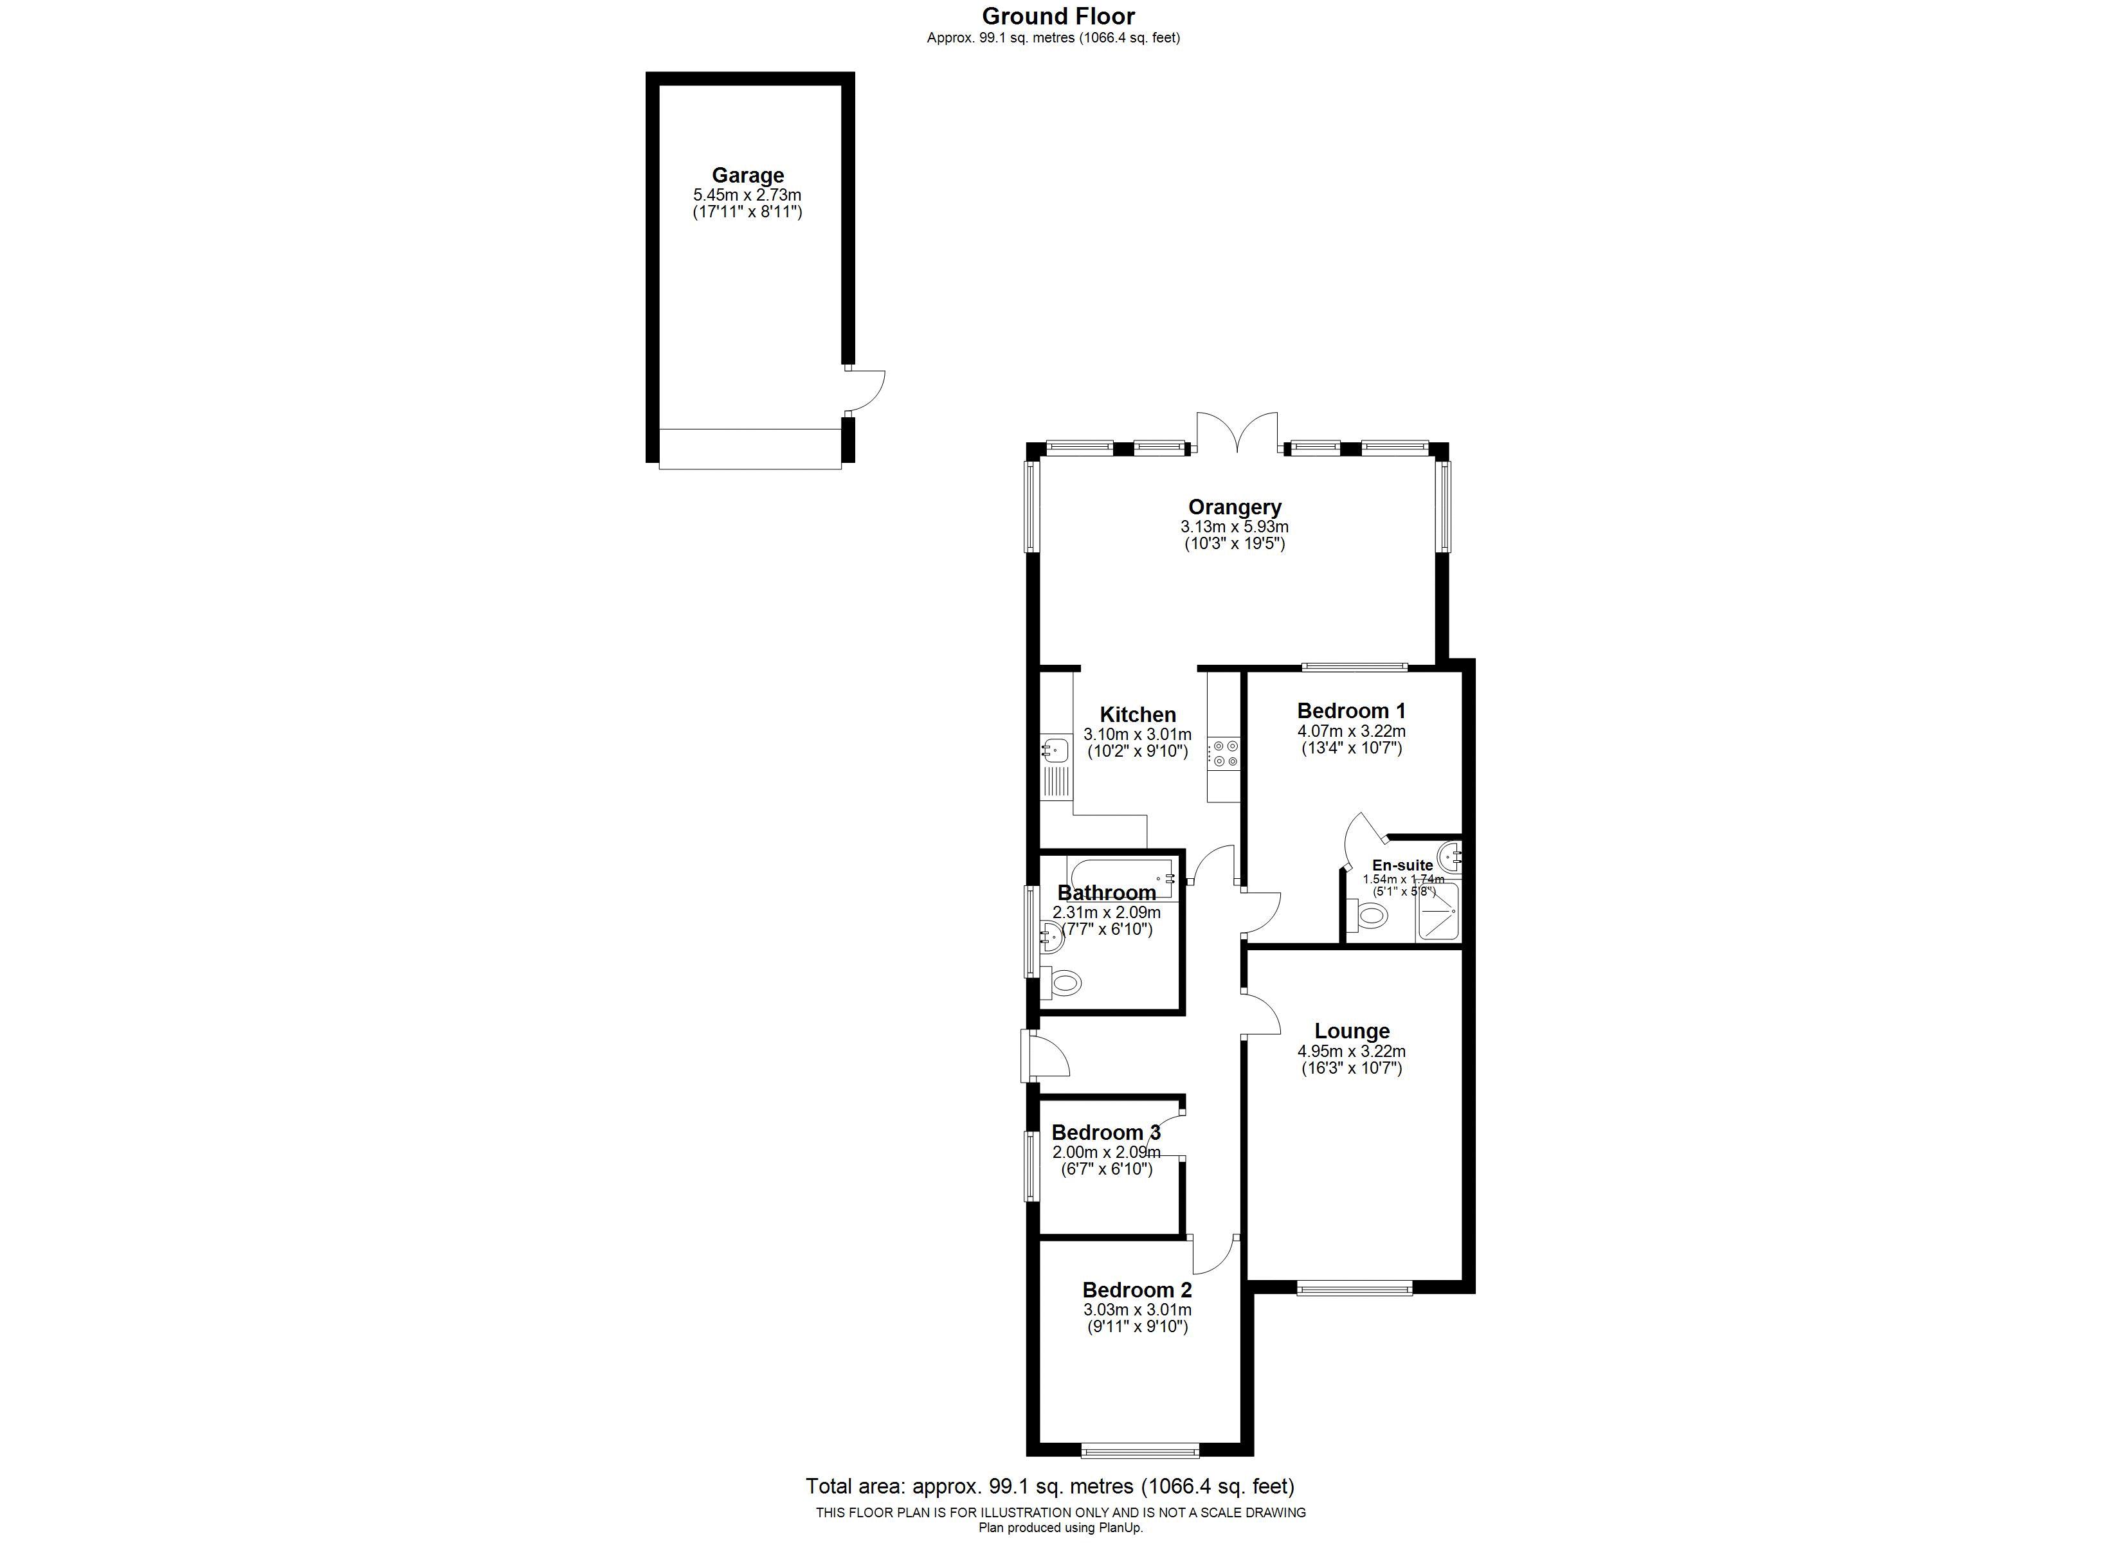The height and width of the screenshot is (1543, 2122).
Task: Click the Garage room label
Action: pyautogui.click(x=748, y=175)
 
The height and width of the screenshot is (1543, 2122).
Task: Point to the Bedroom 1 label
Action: pyautogui.click(x=1351, y=711)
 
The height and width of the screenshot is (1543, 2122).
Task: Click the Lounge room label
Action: pyautogui.click(x=1352, y=1031)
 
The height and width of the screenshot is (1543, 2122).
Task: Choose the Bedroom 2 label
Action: pyautogui.click(x=1137, y=1290)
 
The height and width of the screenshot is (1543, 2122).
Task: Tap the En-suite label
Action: pyautogui.click(x=1402, y=865)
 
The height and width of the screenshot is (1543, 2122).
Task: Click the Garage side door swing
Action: pyautogui.click(x=866, y=391)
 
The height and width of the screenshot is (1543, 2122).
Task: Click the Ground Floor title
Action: pyautogui.click(x=1058, y=16)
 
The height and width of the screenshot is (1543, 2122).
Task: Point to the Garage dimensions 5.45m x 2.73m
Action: pyautogui.click(x=748, y=195)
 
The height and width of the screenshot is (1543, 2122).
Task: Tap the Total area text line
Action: pyautogui.click(x=1051, y=1486)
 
